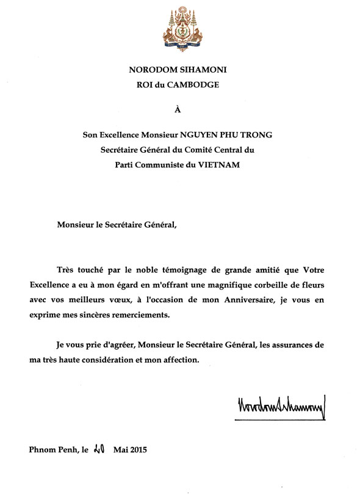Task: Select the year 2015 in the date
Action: tap(137, 451)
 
